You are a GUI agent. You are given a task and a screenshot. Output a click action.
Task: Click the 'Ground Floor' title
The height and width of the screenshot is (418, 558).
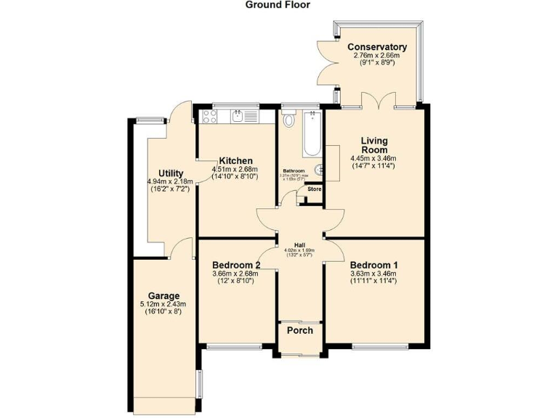[278, 5]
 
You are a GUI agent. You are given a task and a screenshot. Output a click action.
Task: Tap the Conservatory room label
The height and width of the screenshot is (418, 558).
[376, 47]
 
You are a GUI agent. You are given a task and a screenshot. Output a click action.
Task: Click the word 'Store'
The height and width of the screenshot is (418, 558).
[314, 189]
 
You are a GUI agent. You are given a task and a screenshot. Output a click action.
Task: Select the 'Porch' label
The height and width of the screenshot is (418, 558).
[299, 331]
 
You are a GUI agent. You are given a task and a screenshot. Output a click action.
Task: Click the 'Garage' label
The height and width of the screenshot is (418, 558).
[163, 296]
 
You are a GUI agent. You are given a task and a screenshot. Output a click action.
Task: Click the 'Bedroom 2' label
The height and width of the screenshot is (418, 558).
[237, 265]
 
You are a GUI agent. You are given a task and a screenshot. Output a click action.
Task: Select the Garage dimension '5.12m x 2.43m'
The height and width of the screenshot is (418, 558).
[163, 304]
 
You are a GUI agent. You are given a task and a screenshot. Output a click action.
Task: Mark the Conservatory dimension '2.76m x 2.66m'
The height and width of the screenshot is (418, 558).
[376, 55]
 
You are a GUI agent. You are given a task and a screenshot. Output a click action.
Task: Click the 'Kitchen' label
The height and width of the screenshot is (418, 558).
[236, 161]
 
